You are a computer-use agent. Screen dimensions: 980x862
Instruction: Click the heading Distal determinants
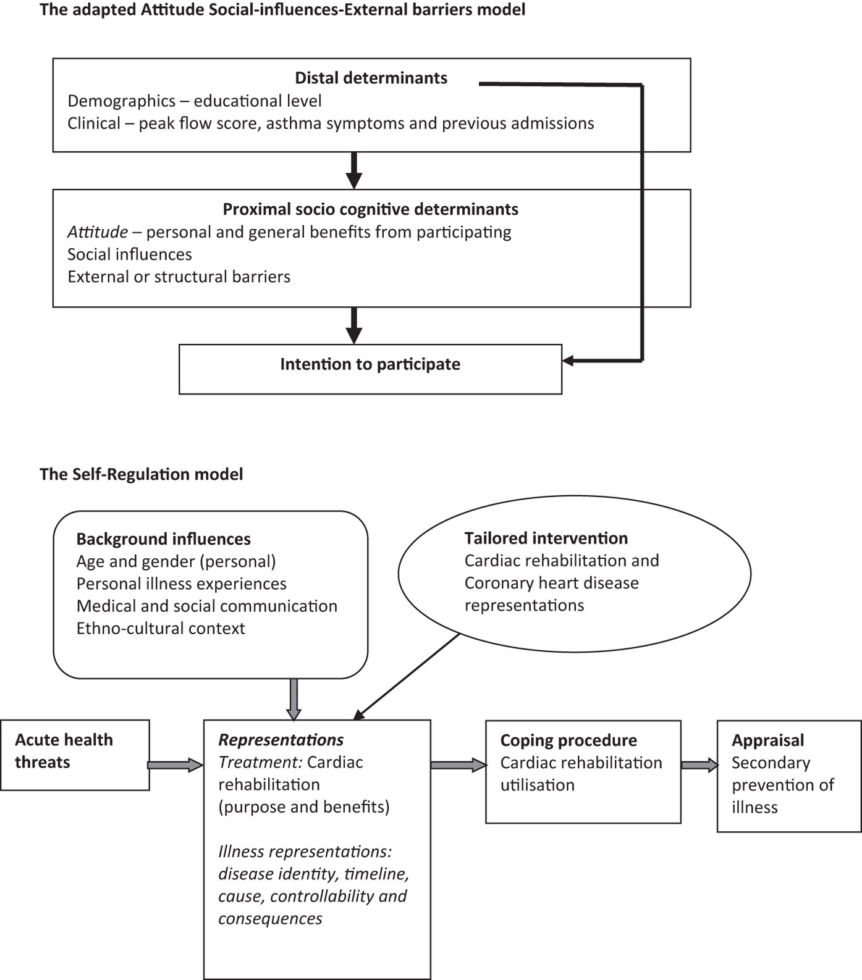(371, 78)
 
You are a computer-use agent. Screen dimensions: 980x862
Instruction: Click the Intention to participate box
(370, 369)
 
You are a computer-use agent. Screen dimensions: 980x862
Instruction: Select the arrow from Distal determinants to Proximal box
(353, 170)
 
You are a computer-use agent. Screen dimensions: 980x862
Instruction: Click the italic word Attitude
(97, 232)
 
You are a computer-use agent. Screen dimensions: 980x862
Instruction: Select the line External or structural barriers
(179, 277)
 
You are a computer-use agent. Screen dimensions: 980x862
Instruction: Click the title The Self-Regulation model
(141, 474)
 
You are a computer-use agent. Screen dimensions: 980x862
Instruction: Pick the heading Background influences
(163, 539)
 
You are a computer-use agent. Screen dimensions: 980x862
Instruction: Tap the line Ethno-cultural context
(161, 629)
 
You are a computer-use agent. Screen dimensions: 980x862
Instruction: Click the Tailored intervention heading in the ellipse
(546, 538)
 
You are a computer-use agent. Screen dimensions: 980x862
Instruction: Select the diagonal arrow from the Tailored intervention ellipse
(408, 676)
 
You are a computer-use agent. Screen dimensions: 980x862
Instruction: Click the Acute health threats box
(75, 755)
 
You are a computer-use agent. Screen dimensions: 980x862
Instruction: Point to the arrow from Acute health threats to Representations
(175, 765)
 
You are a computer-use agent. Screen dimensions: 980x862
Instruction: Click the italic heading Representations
(281, 740)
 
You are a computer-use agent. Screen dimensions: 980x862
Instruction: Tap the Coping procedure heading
(568, 740)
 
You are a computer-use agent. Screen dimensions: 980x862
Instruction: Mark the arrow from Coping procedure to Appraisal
(699, 765)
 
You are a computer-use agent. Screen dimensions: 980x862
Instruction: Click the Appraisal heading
(767, 740)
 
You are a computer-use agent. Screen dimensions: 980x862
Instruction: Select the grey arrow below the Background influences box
(294, 700)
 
